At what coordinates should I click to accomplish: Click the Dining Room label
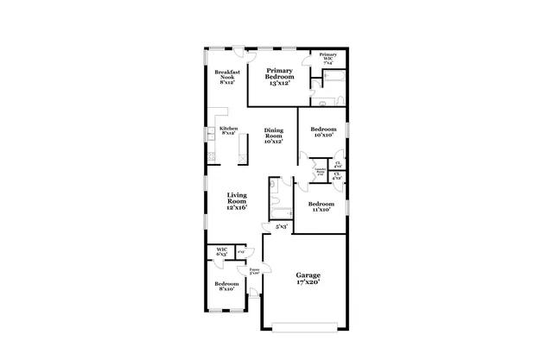click(x=273, y=135)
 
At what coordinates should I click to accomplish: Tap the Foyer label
click(x=254, y=271)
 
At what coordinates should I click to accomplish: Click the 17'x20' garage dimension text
click(x=309, y=282)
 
